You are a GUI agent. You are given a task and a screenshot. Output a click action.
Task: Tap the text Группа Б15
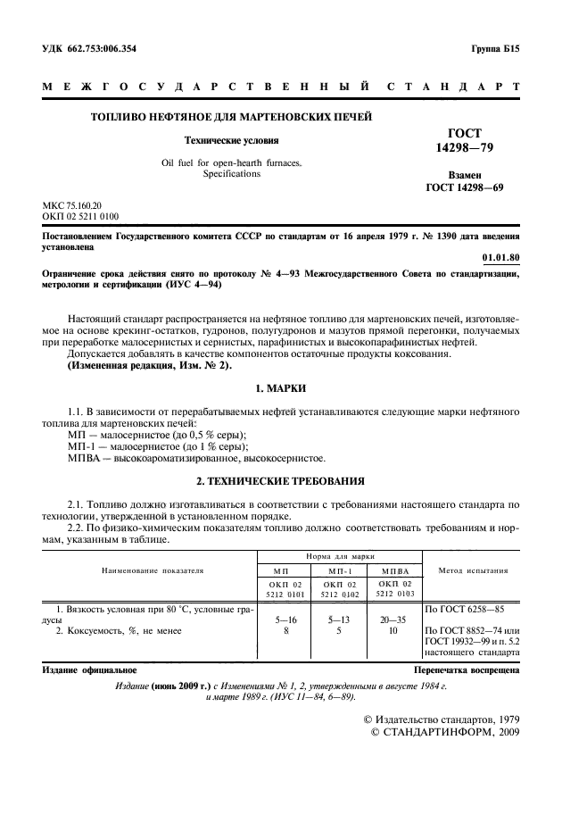(494, 49)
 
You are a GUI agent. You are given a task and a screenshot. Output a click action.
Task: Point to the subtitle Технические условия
(231, 140)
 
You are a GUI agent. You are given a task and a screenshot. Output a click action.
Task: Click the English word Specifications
(231, 174)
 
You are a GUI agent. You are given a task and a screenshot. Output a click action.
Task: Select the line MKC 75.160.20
(72, 205)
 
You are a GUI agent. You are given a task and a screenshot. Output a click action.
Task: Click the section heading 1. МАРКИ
(281, 389)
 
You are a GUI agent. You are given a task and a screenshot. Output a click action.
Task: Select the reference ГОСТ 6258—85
(463, 609)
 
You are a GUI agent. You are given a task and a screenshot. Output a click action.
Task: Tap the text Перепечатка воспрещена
(467, 669)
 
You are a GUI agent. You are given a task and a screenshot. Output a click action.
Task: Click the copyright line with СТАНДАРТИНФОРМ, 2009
(443, 732)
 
